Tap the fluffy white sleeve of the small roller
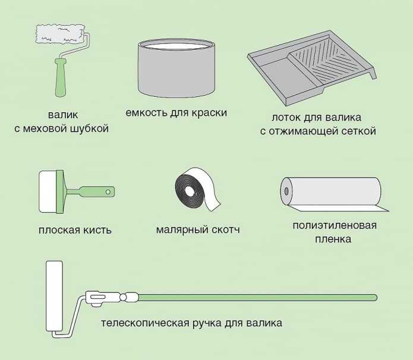tap(60, 34)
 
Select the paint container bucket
tap(175, 68)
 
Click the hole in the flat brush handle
tap(108, 192)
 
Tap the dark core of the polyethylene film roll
tap(286, 192)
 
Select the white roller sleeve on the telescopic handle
tap(55, 297)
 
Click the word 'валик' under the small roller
tap(61, 114)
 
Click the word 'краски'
tap(210, 113)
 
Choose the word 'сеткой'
tap(358, 131)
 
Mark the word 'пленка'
tap(334, 239)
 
